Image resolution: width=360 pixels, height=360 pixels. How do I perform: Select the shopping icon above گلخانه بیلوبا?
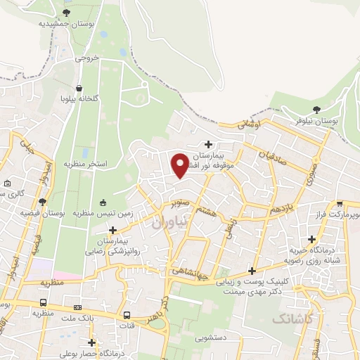(79, 88)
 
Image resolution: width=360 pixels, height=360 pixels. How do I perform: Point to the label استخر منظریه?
(86, 164)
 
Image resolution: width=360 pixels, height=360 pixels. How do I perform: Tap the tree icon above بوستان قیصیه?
(42, 202)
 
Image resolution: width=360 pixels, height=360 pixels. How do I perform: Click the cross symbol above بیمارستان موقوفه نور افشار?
(209, 143)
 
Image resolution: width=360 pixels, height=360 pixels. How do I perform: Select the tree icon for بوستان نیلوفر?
(316, 109)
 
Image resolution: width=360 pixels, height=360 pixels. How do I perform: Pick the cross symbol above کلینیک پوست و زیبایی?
(252, 271)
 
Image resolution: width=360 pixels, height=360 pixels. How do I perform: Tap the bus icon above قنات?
(127, 315)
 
